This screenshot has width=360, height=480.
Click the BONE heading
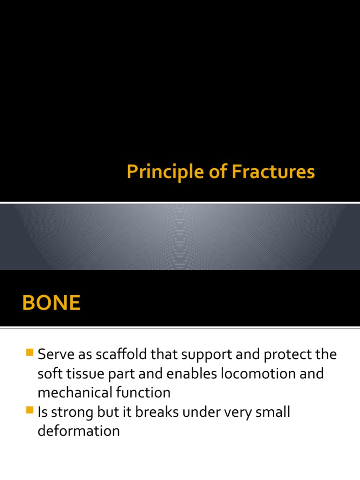point(51,303)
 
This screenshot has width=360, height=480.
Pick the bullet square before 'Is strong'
point(30,411)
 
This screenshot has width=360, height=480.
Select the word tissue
point(82,374)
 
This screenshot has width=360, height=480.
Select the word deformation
point(79,431)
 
